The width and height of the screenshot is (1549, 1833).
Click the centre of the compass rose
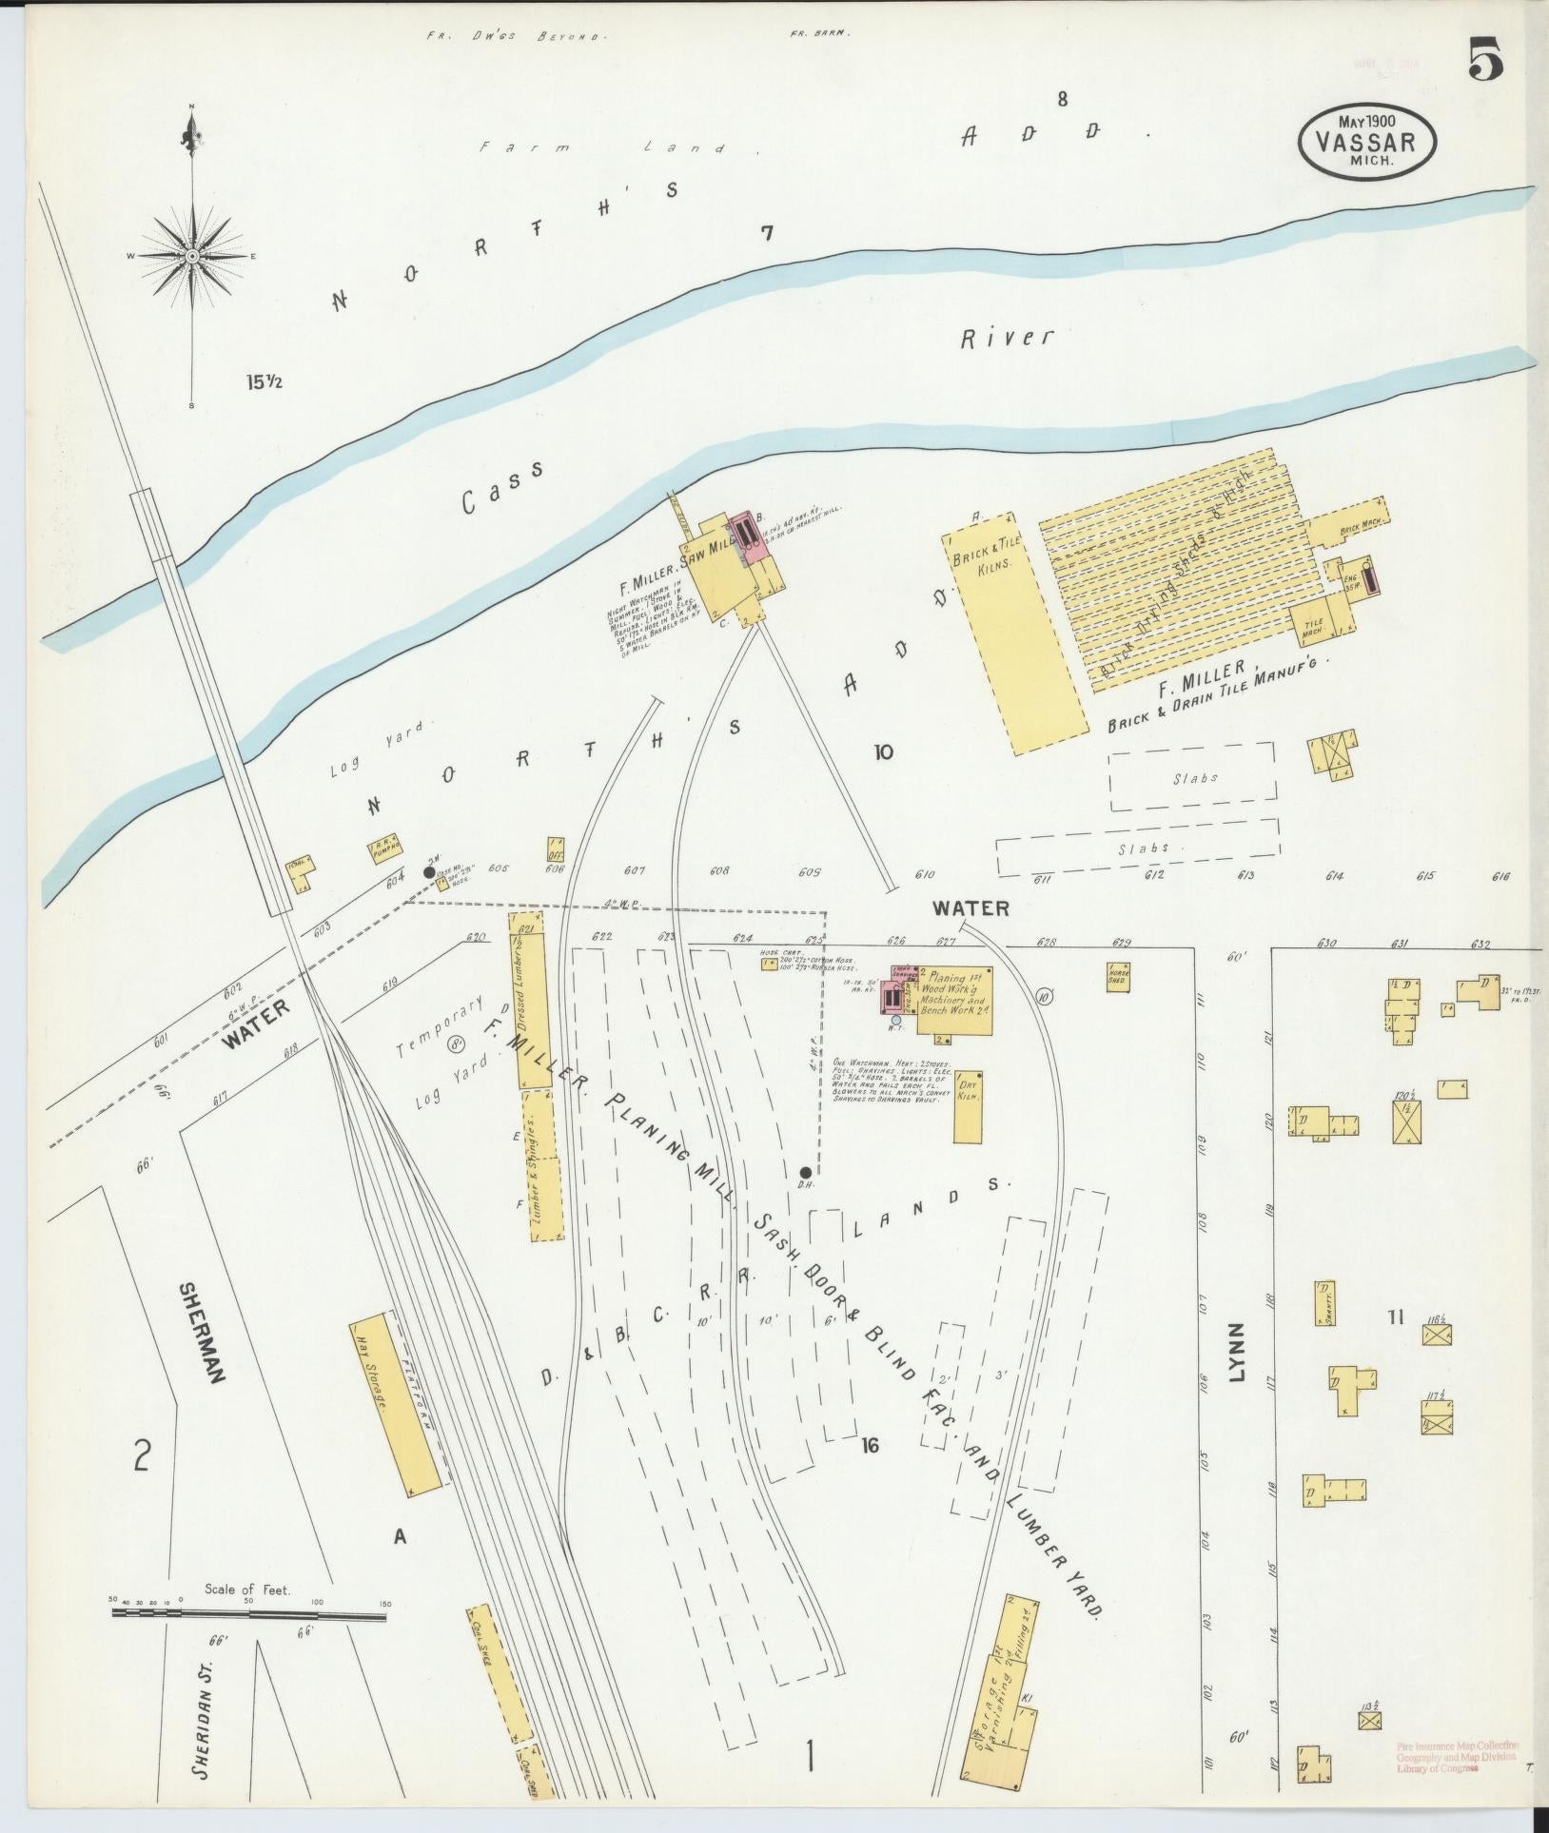[x=193, y=257]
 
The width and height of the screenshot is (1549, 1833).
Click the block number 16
[x=869, y=1472]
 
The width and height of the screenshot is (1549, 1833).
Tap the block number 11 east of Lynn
[x=1395, y=1317]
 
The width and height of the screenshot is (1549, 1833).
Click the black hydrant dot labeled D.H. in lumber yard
[x=805, y=1172]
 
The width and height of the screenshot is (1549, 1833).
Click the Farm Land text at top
[x=602, y=148]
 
